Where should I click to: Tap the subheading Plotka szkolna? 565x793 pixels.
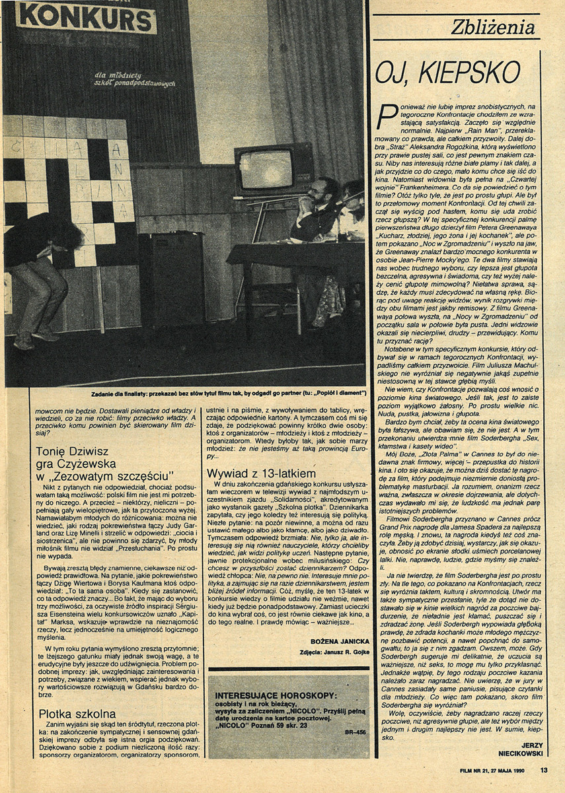[77, 713]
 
